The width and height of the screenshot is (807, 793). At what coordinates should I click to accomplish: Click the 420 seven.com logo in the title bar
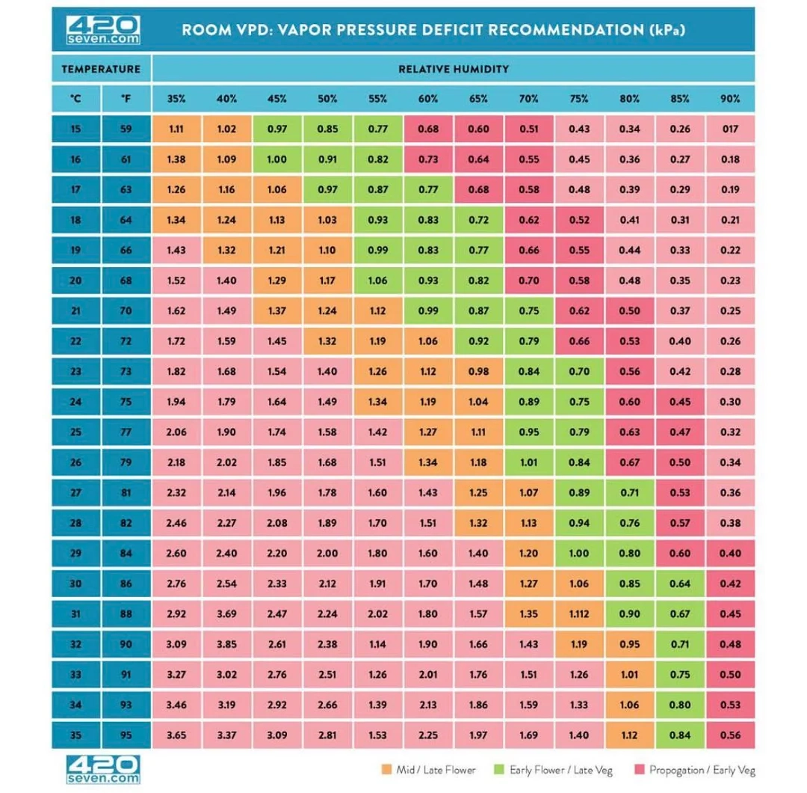coord(102,29)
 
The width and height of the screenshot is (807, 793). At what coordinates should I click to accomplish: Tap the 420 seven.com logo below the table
coord(102,769)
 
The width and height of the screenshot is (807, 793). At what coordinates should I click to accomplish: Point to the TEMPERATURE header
coord(101,69)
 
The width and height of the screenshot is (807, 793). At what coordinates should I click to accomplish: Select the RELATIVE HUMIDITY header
coord(454,69)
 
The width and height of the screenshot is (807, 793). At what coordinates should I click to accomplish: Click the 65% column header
coord(478,99)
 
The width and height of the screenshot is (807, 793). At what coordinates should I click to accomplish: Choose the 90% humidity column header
coord(730,99)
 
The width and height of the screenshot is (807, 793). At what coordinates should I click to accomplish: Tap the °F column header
coord(126,99)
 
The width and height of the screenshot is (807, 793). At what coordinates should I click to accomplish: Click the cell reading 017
coord(730,129)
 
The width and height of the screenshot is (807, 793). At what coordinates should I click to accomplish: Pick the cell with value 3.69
coord(226,614)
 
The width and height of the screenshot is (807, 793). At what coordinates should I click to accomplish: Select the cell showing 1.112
coord(579,614)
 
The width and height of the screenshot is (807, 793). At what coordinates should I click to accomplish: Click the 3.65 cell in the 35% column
coord(176,735)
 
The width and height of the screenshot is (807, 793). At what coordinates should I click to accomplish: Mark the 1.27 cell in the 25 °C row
coord(428,432)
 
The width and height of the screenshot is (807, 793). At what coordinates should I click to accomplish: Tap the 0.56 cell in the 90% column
coord(730,735)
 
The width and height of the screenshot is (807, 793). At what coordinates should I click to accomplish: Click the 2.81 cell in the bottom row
coord(327,735)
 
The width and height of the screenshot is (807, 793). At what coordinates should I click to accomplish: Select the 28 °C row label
coord(75,523)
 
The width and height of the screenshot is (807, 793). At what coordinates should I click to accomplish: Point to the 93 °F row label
coord(126,705)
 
